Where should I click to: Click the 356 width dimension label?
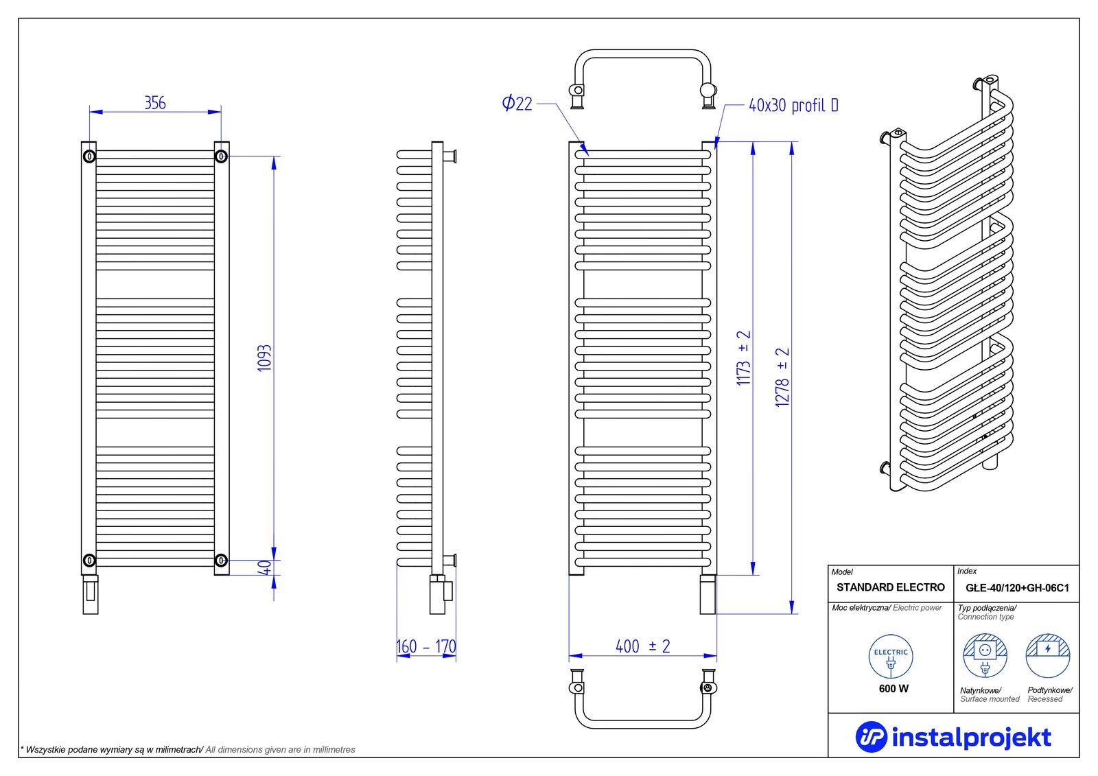(155, 103)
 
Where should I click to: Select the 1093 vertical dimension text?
(265, 358)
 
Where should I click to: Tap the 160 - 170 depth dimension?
(426, 646)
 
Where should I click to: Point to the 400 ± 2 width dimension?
(642, 646)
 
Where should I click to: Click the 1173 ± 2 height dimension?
(744, 358)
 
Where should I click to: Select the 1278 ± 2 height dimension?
(782, 377)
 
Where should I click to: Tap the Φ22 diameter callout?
(517, 104)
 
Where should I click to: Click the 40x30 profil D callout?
(793, 105)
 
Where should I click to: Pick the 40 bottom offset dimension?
(265, 568)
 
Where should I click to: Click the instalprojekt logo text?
(970, 738)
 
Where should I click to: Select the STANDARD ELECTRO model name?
(890, 587)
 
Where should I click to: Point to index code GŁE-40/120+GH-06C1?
(1017, 588)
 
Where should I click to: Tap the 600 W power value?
(893, 688)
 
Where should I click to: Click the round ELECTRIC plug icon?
(891, 657)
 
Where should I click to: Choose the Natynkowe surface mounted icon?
(985, 656)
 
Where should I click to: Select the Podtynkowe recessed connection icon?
(1048, 656)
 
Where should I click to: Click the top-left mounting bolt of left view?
(89, 156)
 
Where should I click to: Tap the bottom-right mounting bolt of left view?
(221, 561)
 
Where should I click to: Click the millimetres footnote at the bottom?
(188, 749)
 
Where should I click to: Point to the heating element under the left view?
(91, 595)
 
